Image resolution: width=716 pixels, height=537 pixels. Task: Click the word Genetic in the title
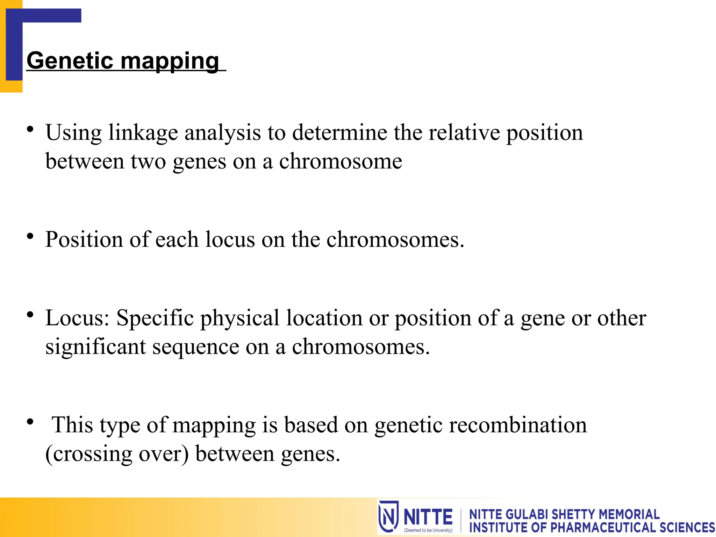tap(70, 60)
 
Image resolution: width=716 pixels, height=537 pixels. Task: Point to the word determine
tap(339, 133)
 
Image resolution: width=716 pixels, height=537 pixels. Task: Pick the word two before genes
tap(148, 162)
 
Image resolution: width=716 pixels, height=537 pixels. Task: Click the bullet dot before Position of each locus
tap(30, 236)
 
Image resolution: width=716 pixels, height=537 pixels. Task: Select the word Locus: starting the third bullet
tap(77, 318)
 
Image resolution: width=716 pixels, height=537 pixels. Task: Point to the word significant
tap(95, 348)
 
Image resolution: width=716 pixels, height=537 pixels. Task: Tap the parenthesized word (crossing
tap(89, 454)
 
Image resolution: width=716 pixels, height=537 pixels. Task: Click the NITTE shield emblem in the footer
tap(388, 516)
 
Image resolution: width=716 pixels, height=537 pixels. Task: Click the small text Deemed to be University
tap(428, 530)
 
